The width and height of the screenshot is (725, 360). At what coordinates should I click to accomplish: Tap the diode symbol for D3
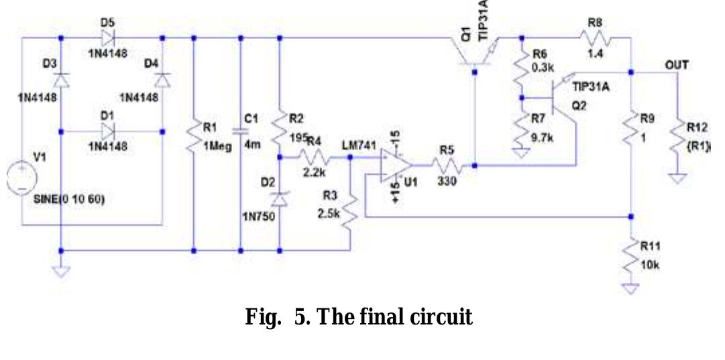61,80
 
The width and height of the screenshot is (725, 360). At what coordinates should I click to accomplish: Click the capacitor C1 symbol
240,130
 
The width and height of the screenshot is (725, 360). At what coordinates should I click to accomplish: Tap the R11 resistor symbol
631,255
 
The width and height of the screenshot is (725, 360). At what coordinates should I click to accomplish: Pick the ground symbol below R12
678,178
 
